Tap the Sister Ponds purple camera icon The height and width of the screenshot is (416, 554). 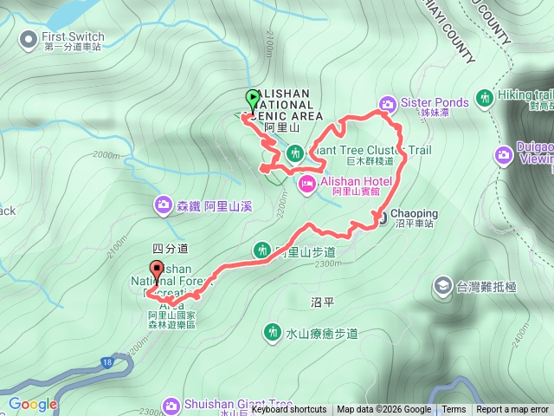[x=387, y=102]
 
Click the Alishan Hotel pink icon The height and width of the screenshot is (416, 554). [x=307, y=182]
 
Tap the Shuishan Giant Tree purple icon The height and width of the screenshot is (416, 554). [x=171, y=405]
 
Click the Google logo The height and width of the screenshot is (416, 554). [x=33, y=404]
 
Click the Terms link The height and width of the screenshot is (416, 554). [x=454, y=410]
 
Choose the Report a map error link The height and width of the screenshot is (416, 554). [x=512, y=410]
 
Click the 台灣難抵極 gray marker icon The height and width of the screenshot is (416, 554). [x=442, y=284]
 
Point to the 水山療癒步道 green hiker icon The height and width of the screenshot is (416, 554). [x=274, y=332]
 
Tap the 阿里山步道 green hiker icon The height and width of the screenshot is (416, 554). [x=261, y=250]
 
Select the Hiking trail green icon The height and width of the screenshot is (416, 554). [x=484, y=96]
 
